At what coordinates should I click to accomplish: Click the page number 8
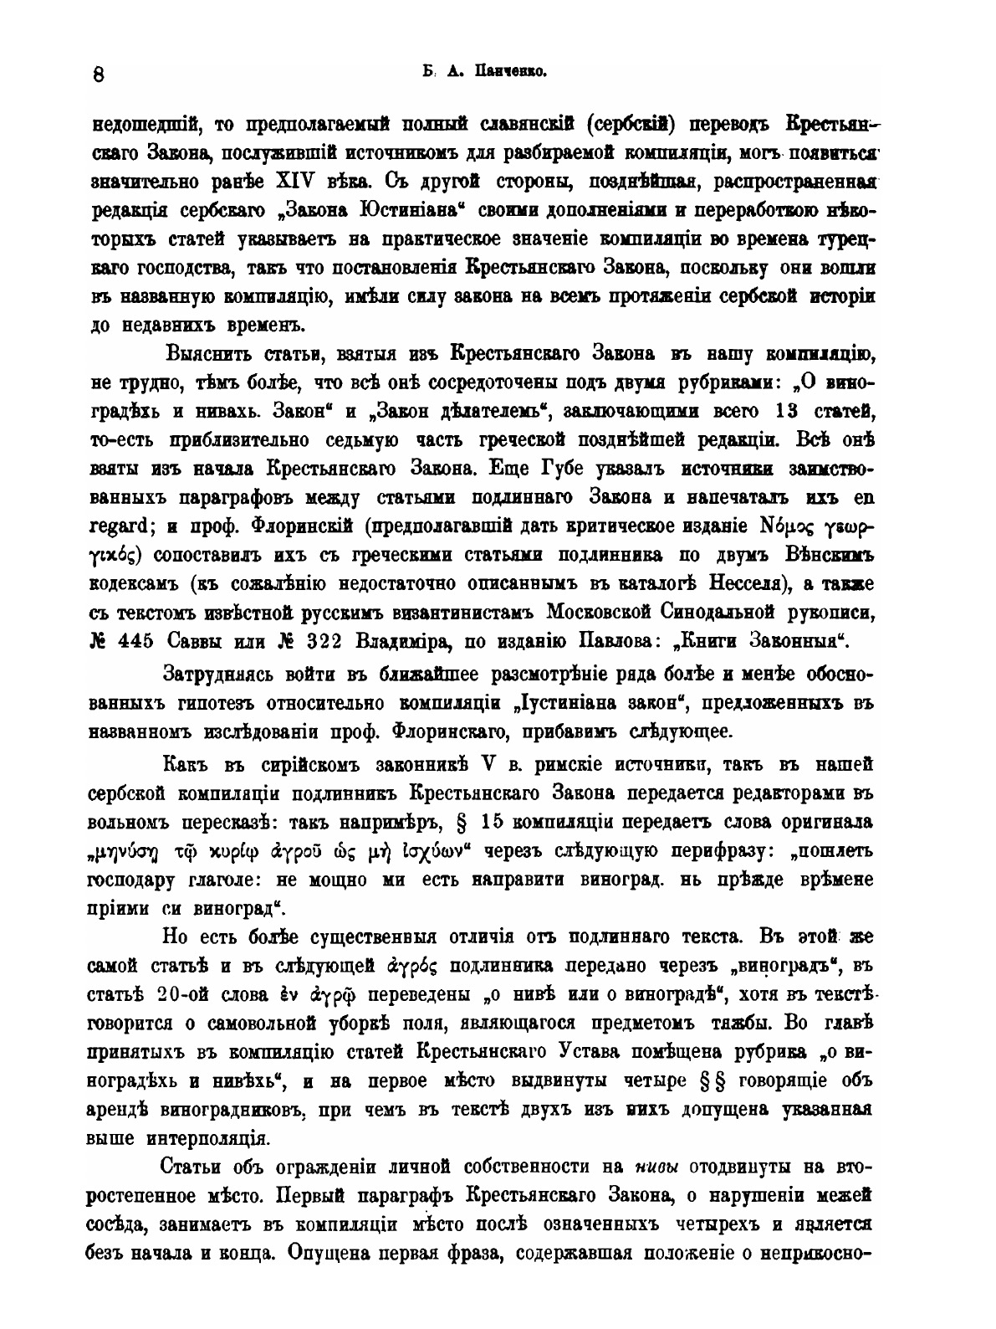[x=98, y=74]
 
